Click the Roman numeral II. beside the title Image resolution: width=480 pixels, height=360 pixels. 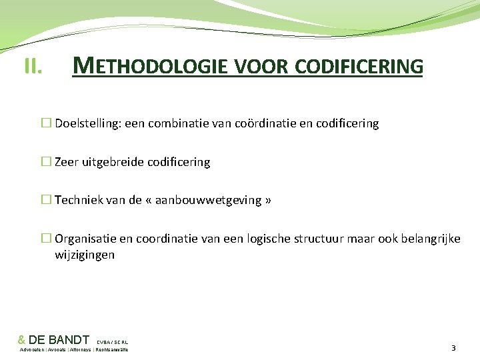[33, 66]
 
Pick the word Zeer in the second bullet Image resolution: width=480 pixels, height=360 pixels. [67, 162]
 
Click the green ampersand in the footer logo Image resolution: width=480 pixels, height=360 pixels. [21, 340]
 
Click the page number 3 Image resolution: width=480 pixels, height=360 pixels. [454, 348]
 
